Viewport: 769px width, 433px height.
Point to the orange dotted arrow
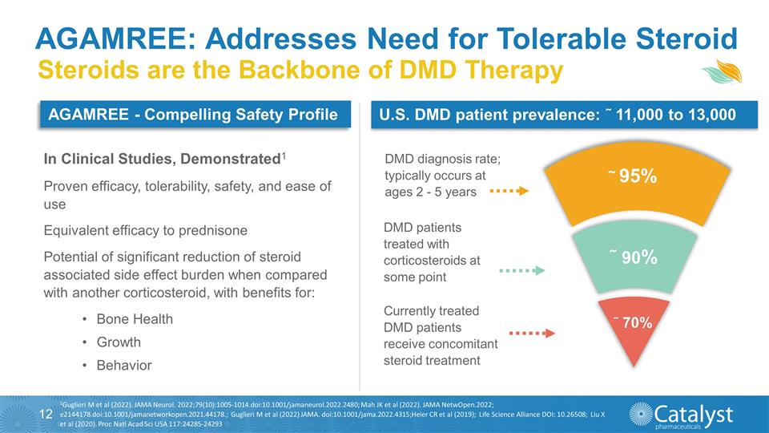[x=509, y=192]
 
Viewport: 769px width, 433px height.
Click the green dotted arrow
[x=521, y=271]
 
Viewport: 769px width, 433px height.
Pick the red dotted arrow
[x=532, y=332]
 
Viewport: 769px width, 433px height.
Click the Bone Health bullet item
[x=134, y=319]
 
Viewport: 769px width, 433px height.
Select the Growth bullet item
[x=118, y=342]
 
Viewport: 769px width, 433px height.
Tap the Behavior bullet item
[x=123, y=366]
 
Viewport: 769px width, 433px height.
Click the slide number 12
[x=46, y=414]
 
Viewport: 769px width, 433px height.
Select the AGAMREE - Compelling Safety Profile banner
[x=193, y=115]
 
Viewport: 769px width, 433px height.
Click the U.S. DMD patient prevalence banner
[x=558, y=115]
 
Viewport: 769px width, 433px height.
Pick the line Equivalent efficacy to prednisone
[x=145, y=230]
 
